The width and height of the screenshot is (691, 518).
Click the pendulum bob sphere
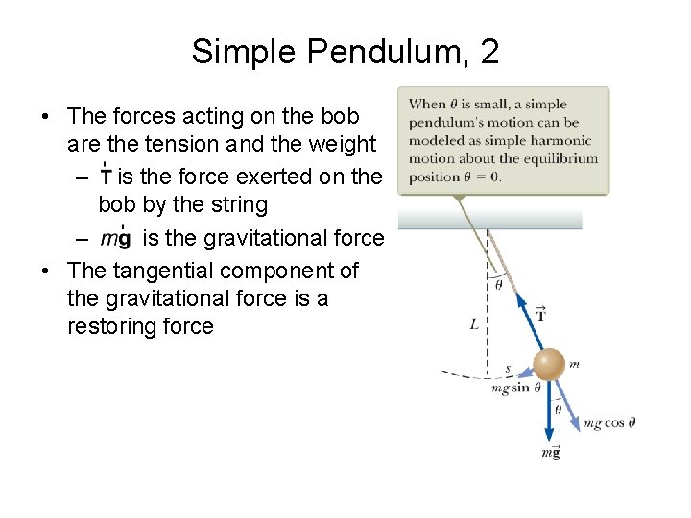click(x=549, y=365)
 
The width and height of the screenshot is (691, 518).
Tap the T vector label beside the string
click(x=541, y=314)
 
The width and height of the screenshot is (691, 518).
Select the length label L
click(x=474, y=325)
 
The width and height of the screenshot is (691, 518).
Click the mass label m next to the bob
click(x=574, y=364)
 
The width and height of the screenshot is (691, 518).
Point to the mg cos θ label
click(x=609, y=423)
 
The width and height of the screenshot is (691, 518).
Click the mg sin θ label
click(x=515, y=388)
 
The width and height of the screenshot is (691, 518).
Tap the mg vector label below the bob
click(x=550, y=453)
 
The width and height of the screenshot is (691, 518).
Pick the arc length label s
click(x=508, y=368)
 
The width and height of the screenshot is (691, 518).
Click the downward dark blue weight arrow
click(x=549, y=412)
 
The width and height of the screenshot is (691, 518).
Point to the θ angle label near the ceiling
click(x=498, y=284)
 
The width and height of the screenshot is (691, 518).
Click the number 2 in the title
click(x=489, y=51)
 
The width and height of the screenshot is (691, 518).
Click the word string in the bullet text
click(x=234, y=204)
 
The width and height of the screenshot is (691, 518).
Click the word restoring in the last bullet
click(x=117, y=326)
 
